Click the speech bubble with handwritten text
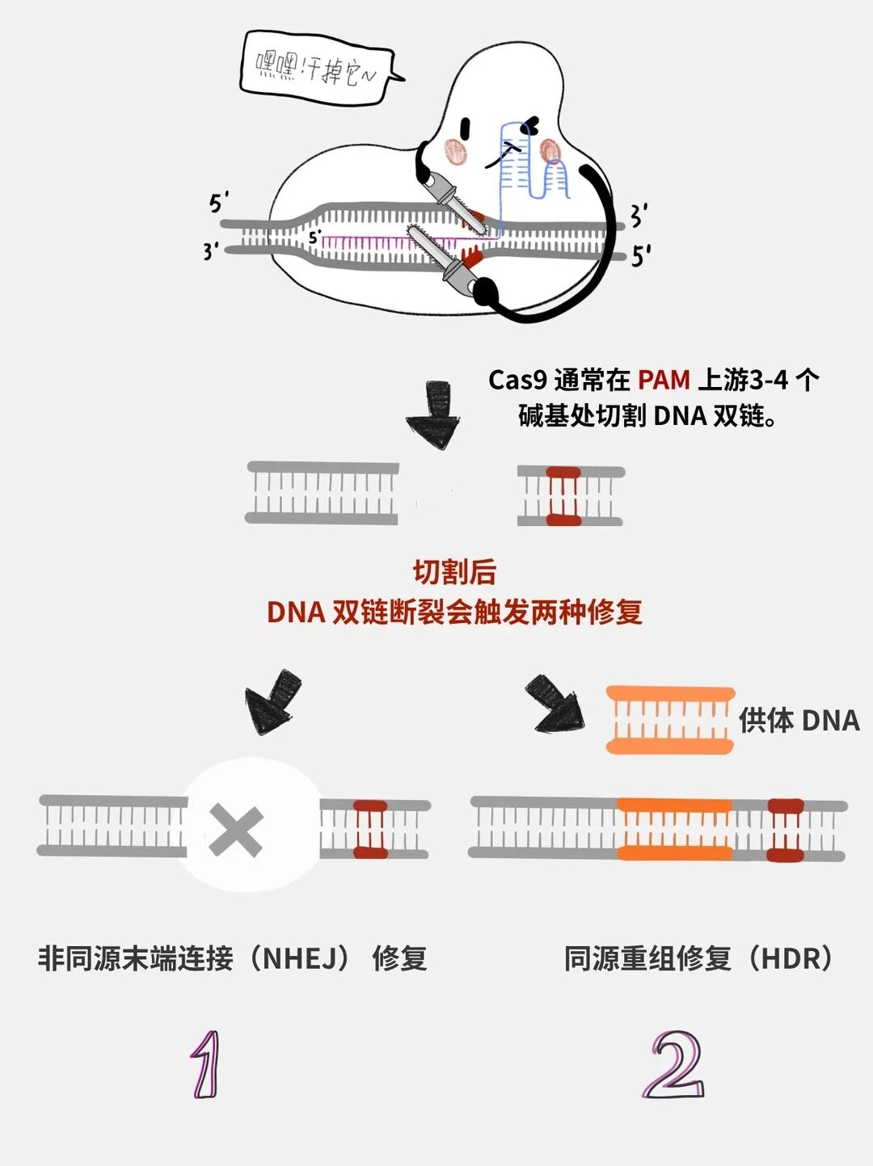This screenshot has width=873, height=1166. pos(318,69)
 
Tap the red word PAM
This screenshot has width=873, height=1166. pos(664,380)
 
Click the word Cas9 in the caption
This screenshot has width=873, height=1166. pos(518,381)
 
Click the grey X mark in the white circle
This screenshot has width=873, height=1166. pos(236,830)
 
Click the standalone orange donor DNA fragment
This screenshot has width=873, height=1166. pos(671,720)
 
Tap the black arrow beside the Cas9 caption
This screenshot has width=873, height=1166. pos(434,415)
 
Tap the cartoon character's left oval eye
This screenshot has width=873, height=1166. pos(466,127)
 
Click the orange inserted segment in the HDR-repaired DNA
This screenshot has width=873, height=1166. pos(675,829)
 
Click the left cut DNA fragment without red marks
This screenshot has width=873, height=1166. pos(322,493)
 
